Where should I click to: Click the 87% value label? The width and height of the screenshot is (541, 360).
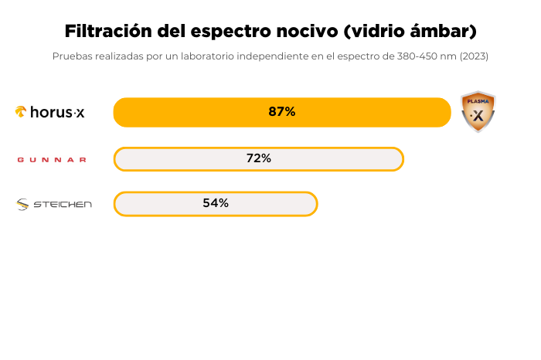pyautogui.click(x=282, y=112)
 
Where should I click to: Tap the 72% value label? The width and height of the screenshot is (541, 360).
pyautogui.click(x=259, y=158)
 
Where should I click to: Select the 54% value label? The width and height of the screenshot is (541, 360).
pyautogui.click(x=216, y=203)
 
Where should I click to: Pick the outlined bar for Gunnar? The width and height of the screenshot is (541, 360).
pyautogui.click(x=340, y=158)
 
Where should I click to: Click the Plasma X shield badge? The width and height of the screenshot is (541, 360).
pyautogui.click(x=478, y=112)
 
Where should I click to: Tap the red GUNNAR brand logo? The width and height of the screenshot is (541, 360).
pyautogui.click(x=52, y=160)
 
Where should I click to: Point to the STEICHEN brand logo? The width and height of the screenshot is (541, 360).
pyautogui.click(x=54, y=204)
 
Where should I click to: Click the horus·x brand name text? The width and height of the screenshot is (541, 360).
pyautogui.click(x=57, y=112)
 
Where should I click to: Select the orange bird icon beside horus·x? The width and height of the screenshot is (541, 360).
pyautogui.click(x=21, y=112)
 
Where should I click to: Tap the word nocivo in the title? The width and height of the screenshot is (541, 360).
pyautogui.click(x=305, y=32)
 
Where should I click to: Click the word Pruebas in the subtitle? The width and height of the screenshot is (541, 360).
pyautogui.click(x=70, y=56)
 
